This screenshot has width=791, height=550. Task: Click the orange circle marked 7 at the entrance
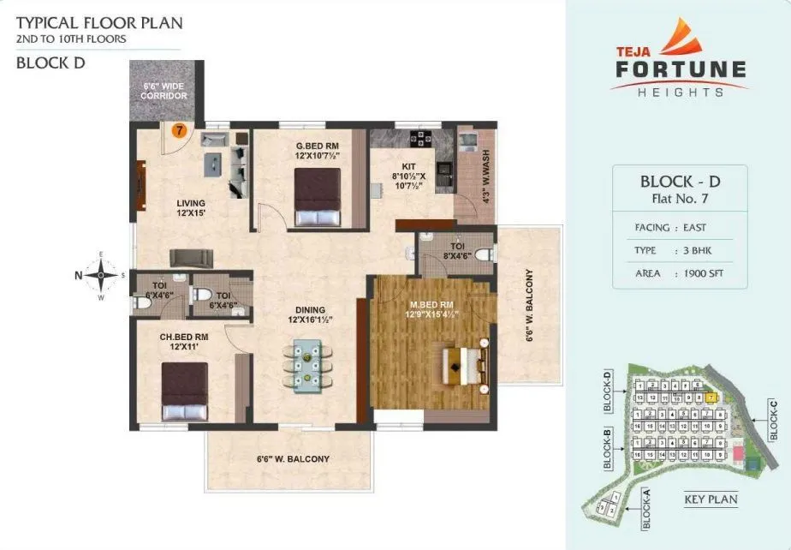click(178, 131)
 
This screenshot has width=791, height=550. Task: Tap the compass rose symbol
click(102, 275)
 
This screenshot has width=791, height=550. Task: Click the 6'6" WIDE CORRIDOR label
click(164, 90)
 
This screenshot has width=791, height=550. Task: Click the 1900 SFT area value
click(698, 273)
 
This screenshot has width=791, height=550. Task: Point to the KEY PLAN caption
click(711, 499)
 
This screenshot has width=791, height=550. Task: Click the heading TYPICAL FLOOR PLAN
click(99, 22)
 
